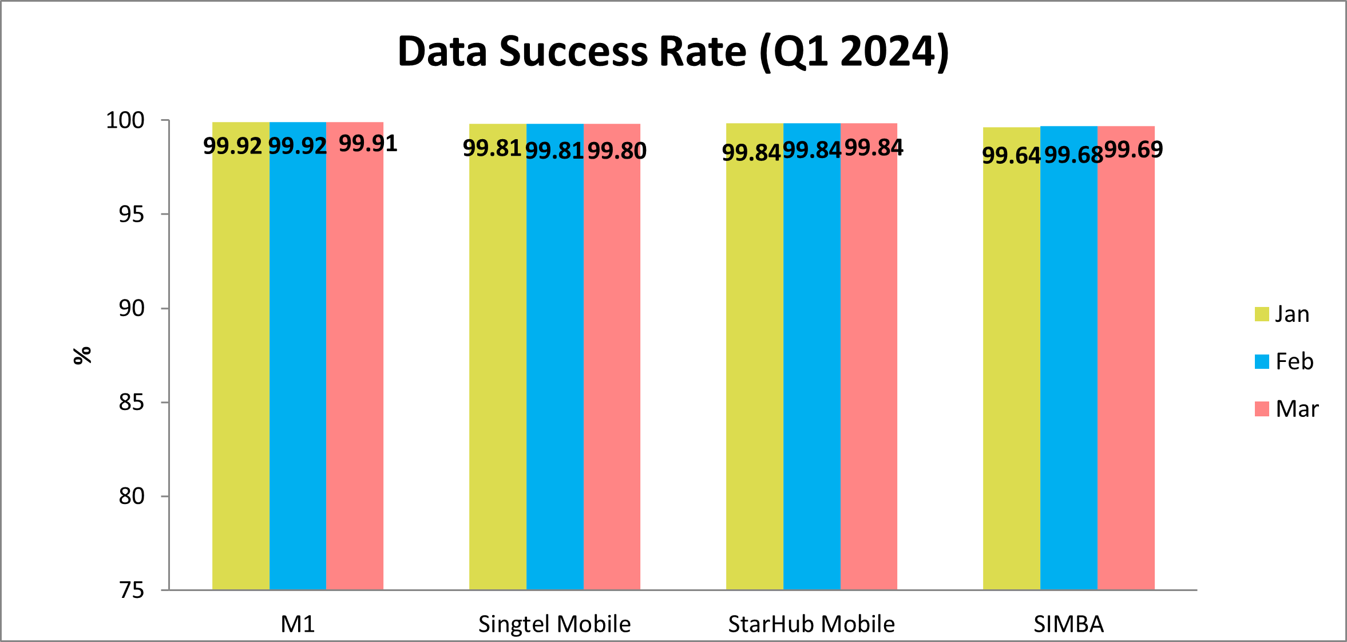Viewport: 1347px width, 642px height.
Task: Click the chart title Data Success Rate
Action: coord(673,52)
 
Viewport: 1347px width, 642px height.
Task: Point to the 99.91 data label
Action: coord(368,143)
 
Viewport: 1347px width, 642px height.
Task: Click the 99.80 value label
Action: coord(617,151)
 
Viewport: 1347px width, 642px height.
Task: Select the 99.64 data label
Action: coord(1011,155)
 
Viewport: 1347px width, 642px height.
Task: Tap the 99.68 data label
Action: coord(1073,155)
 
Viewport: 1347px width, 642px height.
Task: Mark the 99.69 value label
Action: coord(1134,149)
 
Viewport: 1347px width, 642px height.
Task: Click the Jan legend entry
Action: coord(1282,314)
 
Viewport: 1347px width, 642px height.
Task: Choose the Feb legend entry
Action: coord(1284,361)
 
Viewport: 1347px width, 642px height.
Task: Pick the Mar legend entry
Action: coord(1286,409)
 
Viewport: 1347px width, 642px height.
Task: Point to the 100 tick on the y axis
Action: coord(125,120)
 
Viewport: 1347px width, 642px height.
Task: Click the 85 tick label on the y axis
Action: coord(132,403)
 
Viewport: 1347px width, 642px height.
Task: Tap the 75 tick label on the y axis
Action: coord(132,590)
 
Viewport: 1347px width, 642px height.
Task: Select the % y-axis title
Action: coord(82,355)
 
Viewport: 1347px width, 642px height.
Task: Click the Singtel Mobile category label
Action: coord(554,624)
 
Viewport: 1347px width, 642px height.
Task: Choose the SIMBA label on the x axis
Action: coord(1068,624)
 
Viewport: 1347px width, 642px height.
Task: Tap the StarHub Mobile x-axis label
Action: coord(811,624)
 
